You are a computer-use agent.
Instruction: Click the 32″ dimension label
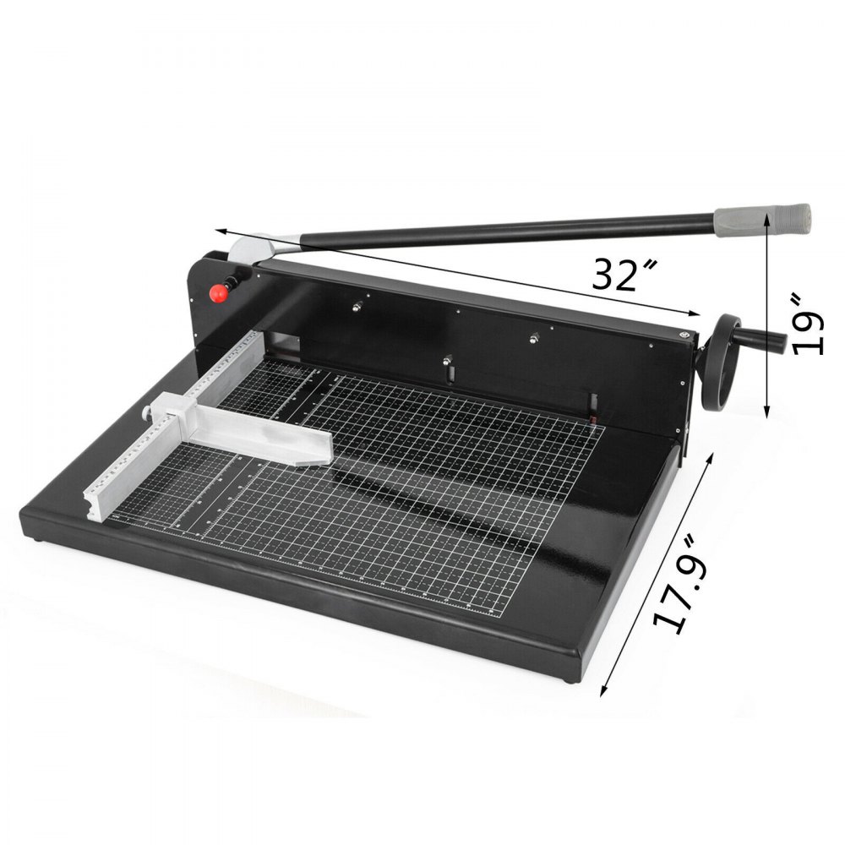(625, 275)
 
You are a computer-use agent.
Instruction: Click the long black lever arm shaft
(507, 229)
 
